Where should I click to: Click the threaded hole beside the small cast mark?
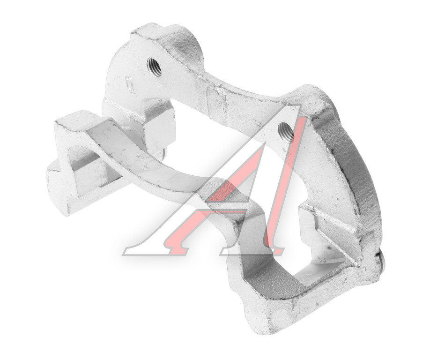154,67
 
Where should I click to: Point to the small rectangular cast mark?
129,84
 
